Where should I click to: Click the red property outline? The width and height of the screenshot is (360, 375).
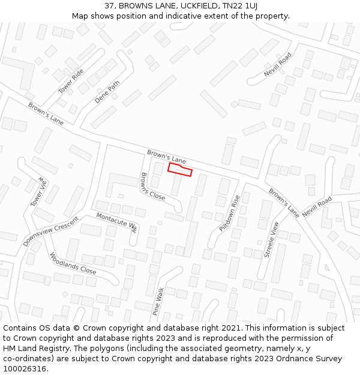[179, 170]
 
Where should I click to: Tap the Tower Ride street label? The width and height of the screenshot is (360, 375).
[71, 81]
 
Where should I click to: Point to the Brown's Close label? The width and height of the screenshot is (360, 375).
[152, 187]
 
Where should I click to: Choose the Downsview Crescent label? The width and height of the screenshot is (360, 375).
[51, 231]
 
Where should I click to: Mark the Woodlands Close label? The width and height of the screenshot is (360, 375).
[73, 263]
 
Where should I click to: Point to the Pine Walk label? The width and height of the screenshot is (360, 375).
[158, 302]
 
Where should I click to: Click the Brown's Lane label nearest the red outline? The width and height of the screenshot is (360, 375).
[167, 157]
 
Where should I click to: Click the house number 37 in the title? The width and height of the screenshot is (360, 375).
[109, 5]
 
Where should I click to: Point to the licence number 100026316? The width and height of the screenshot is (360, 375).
[26, 369]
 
